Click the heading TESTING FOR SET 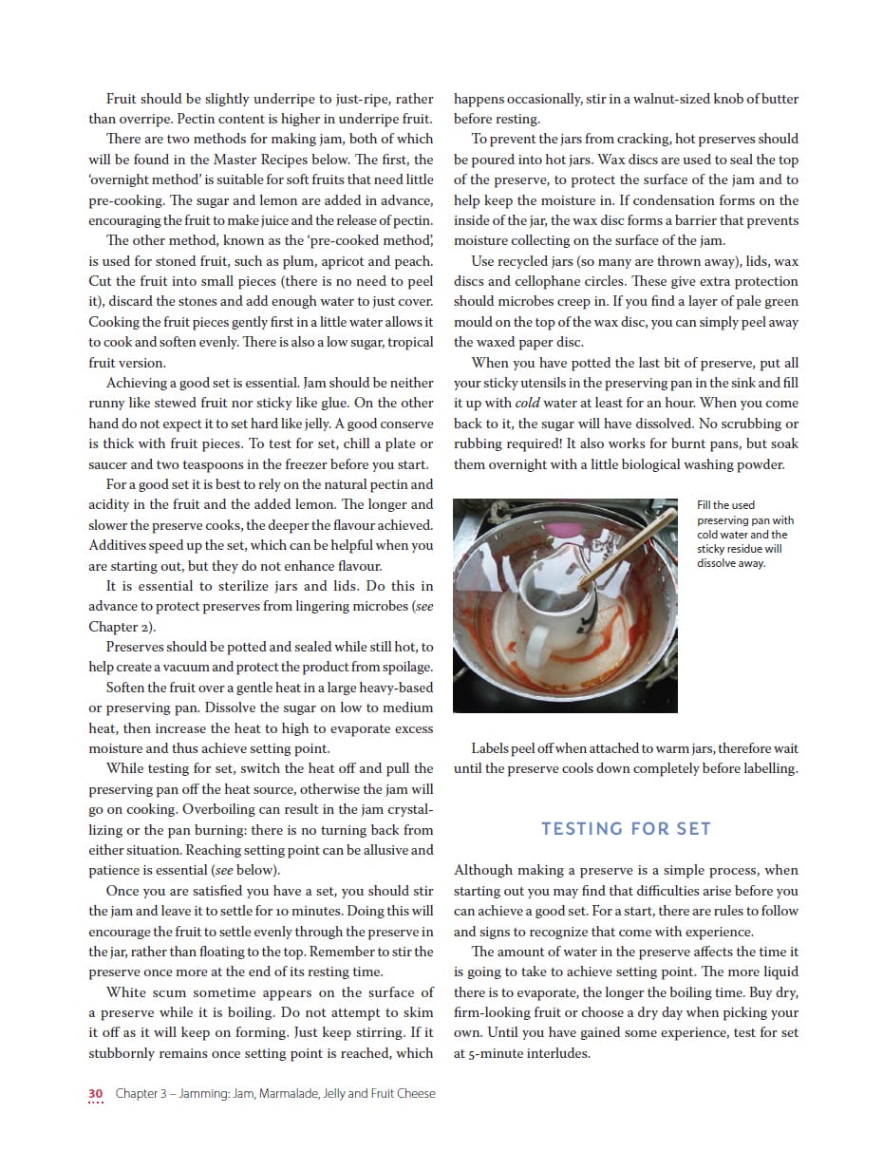pyautogui.click(x=626, y=828)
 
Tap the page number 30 pyautogui.click(x=95, y=1093)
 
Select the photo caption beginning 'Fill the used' pyautogui.click(x=744, y=534)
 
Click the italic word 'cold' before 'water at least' pyautogui.click(x=529, y=403)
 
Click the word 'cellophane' pyautogui.click(x=582, y=281)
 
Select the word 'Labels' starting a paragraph pyautogui.click(x=493, y=748)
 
